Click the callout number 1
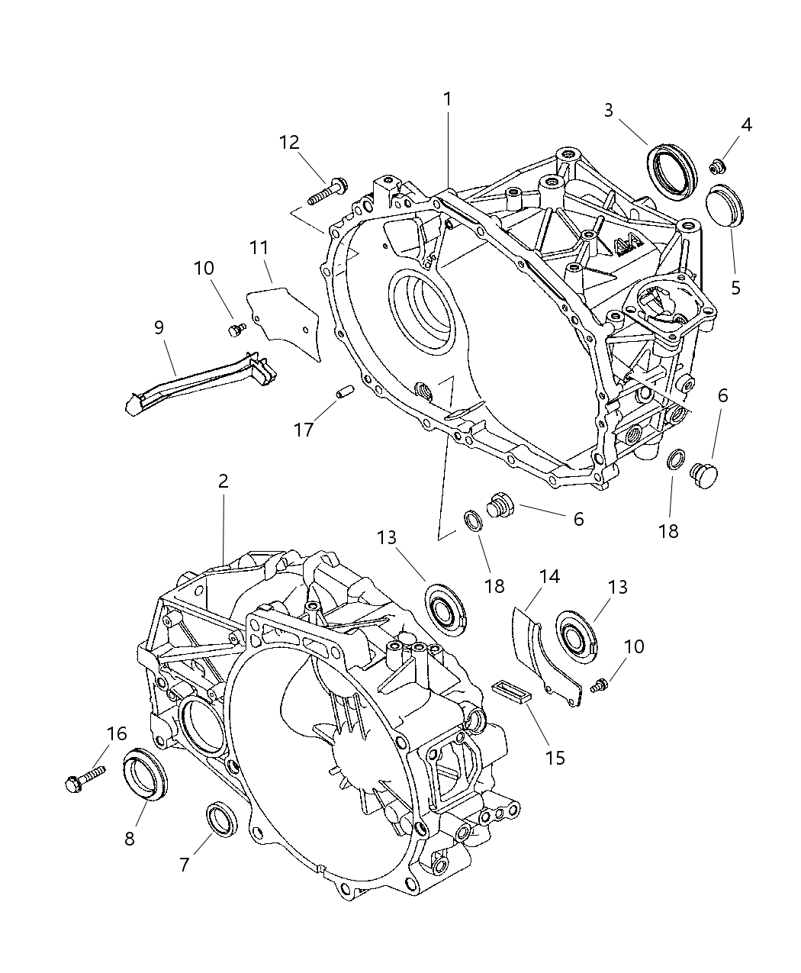tap(448, 99)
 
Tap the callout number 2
tap(223, 482)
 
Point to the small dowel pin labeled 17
tap(343, 392)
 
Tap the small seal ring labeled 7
tap(221, 817)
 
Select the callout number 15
tap(555, 757)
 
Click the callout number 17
tap(304, 430)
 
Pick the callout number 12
tap(289, 142)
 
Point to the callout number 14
tap(549, 576)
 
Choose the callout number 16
tap(116, 733)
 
